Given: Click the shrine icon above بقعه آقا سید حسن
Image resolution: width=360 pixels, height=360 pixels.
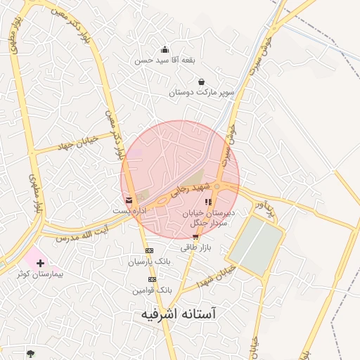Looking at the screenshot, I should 165,50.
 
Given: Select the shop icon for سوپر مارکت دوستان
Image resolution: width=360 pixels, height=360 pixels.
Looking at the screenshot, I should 202,82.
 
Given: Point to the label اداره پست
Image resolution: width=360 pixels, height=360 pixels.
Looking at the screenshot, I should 131,211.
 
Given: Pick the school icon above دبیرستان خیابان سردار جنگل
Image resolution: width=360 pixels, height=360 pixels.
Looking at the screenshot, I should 208,202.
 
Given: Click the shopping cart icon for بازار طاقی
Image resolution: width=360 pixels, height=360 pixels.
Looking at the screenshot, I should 195,237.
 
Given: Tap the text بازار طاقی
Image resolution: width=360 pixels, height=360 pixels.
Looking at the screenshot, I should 195,247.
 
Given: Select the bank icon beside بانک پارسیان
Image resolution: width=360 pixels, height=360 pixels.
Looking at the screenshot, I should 149,251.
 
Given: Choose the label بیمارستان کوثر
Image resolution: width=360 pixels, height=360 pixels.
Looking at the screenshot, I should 41,274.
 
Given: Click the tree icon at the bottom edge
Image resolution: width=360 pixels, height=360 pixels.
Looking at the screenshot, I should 30,353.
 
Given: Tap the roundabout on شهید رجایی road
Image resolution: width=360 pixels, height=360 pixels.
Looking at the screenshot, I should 217,186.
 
